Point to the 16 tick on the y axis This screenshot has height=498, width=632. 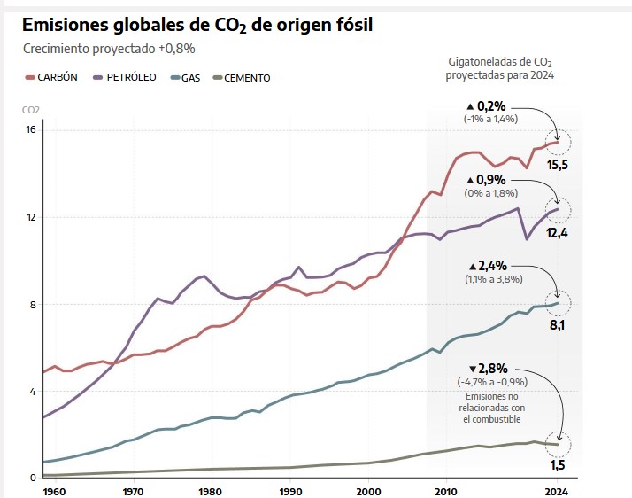[x=30, y=129]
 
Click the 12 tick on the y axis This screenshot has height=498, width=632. [x=30, y=217]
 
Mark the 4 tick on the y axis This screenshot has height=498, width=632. [x=30, y=392]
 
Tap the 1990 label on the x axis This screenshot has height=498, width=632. [x=290, y=490]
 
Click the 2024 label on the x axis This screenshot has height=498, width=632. [x=557, y=490]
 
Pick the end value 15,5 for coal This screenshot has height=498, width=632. [x=558, y=165]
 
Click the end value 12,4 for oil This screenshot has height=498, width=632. [x=558, y=232]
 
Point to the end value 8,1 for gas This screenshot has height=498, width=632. [x=558, y=325]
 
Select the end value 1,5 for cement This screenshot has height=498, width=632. [x=558, y=465]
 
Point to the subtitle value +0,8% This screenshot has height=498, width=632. [x=177, y=49]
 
